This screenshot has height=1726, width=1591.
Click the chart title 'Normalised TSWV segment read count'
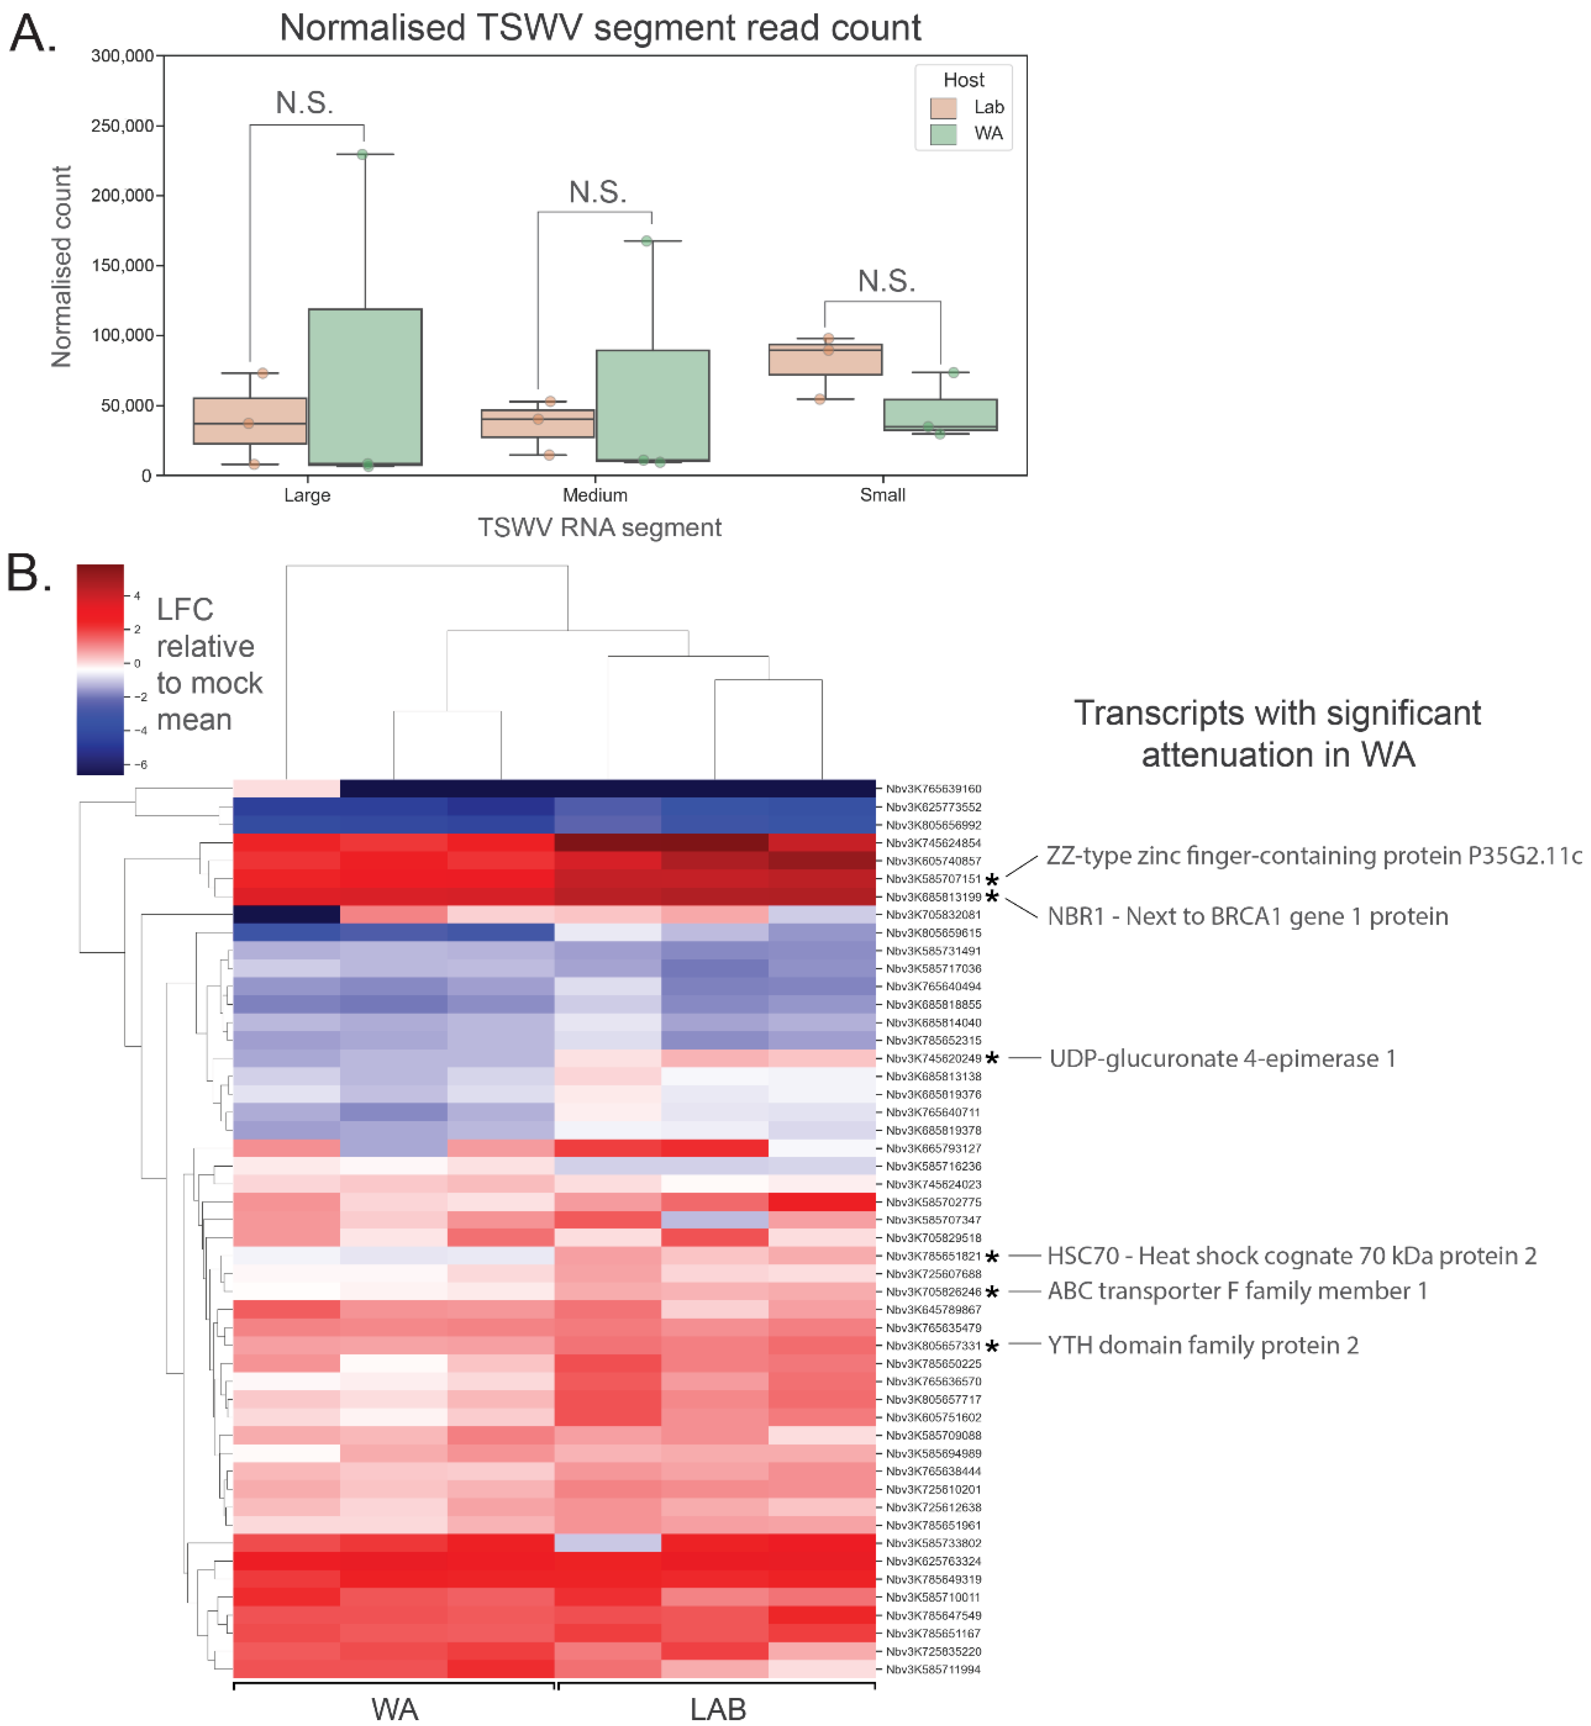click(600, 28)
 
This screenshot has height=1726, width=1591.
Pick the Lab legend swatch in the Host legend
click(943, 107)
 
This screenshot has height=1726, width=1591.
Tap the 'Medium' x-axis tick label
click(595, 495)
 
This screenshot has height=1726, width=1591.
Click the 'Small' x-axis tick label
click(882, 495)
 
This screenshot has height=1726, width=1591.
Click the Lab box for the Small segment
click(825, 360)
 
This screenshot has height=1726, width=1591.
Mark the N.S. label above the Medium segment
click(597, 192)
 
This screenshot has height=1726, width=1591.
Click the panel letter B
click(28, 573)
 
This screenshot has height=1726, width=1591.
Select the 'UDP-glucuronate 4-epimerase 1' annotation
click(1222, 1059)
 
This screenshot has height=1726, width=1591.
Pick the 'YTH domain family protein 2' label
click(1203, 1345)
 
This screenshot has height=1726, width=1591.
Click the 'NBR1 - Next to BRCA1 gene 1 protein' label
click(1247, 917)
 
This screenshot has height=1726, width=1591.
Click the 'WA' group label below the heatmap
click(394, 1709)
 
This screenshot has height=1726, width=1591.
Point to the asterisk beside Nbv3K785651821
click(992, 1258)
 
